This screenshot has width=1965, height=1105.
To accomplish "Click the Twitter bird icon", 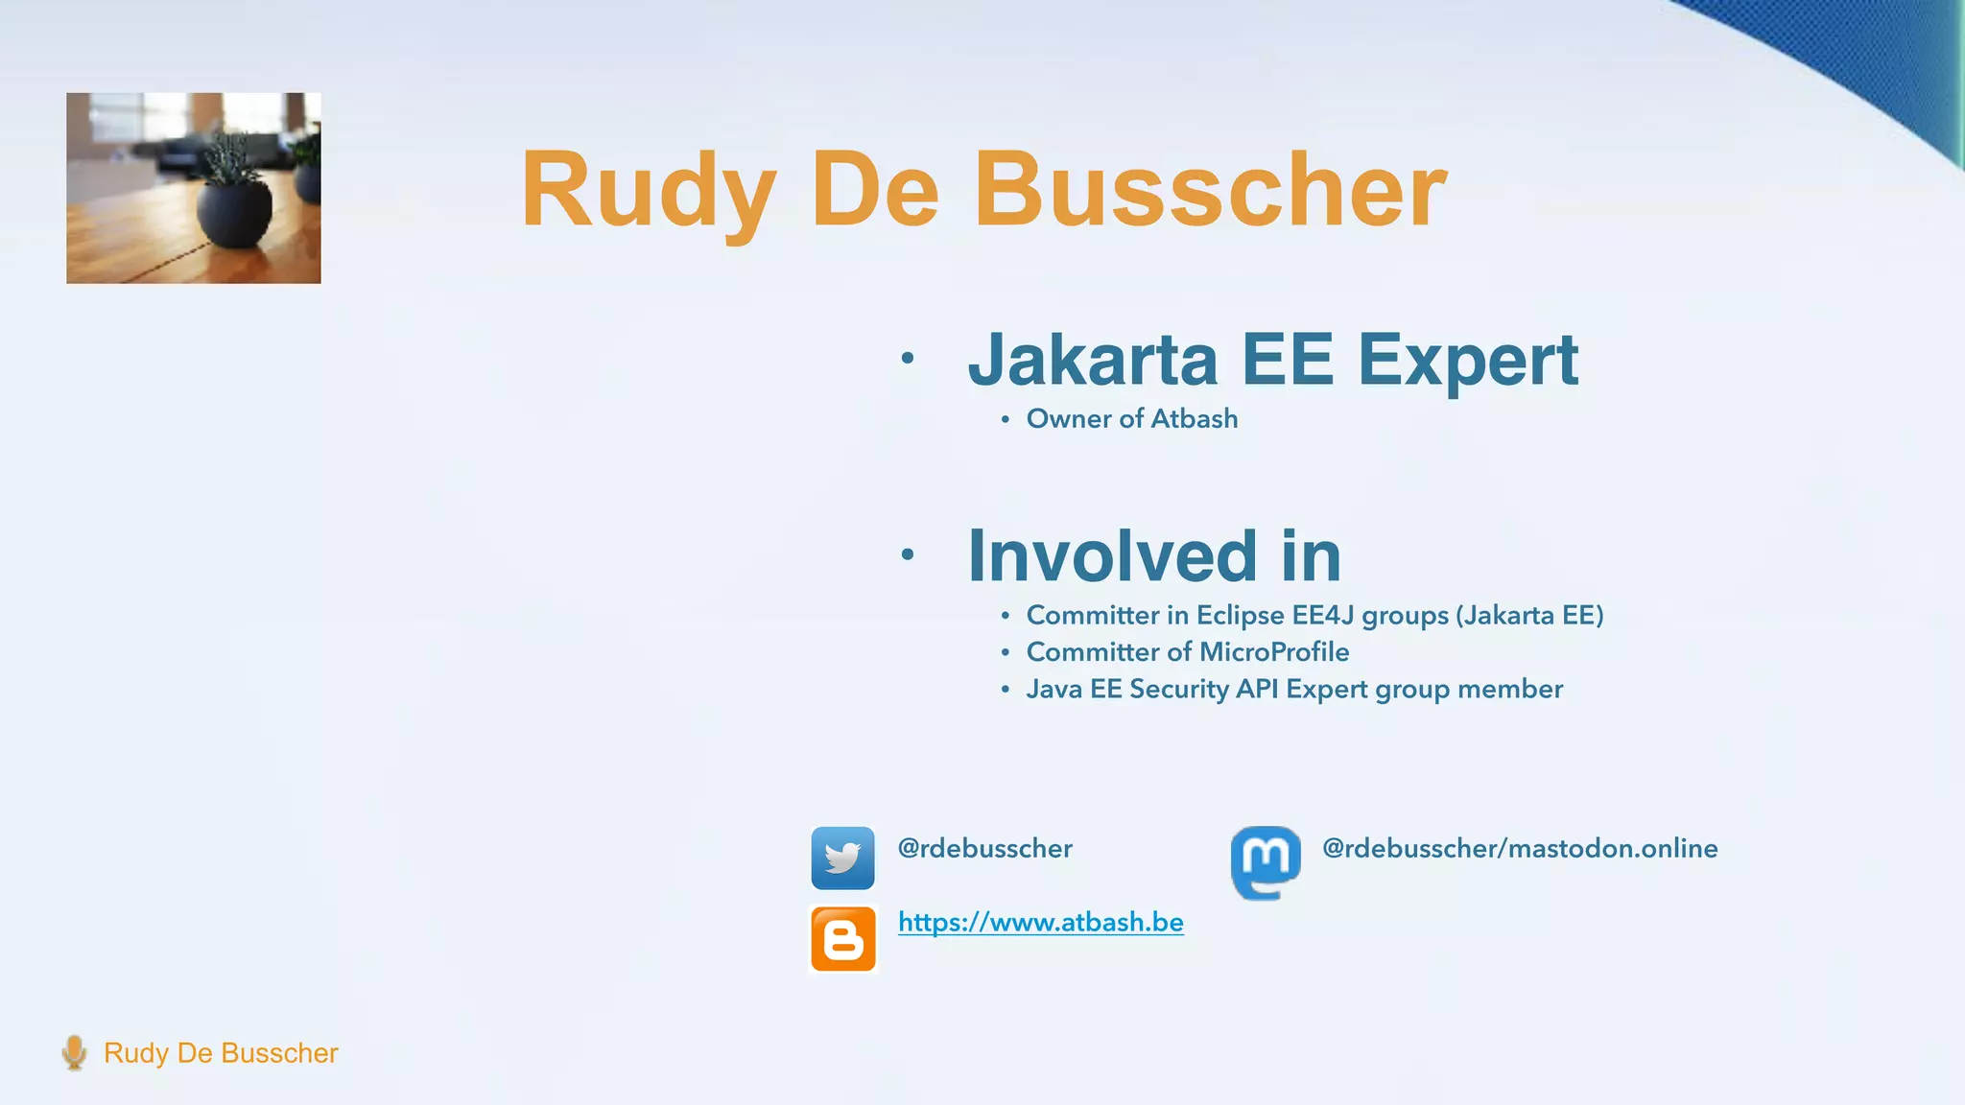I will pyautogui.click(x=842, y=858).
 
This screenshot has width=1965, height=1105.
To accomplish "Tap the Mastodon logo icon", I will pyautogui.click(x=1266, y=861).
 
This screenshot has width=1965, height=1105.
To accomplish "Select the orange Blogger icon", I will pyautogui.click(x=843, y=939).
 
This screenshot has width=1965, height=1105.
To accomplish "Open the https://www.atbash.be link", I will pyautogui.click(x=1040, y=922).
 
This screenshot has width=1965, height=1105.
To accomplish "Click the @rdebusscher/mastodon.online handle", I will pyautogui.click(x=1519, y=848).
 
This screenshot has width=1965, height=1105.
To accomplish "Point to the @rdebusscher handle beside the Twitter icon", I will pyautogui.click(x=984, y=848).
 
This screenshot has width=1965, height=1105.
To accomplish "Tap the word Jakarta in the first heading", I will pyautogui.click(x=1092, y=360).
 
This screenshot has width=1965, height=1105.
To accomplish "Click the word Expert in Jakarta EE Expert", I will pyautogui.click(x=1467, y=360).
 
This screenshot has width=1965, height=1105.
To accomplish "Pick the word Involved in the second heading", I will pyautogui.click(x=1112, y=555).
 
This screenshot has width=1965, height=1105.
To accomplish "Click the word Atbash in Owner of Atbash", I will pyautogui.click(x=1194, y=419).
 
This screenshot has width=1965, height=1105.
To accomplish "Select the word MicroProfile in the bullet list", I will pyautogui.click(x=1274, y=652).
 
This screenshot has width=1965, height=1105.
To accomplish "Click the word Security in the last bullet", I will pyautogui.click(x=1178, y=689).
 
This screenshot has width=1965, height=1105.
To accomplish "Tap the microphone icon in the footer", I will pyautogui.click(x=74, y=1052).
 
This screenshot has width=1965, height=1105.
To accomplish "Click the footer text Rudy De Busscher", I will pyautogui.click(x=221, y=1053).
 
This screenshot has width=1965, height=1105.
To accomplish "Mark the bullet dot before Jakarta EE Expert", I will pyautogui.click(x=907, y=359).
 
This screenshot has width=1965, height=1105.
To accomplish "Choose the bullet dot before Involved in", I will pyautogui.click(x=907, y=554).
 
